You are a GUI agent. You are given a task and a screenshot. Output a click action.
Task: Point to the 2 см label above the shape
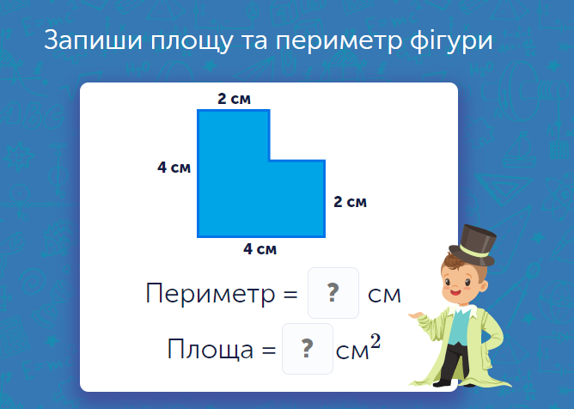[x=234, y=100]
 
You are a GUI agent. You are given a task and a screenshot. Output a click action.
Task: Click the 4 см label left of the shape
[x=174, y=168]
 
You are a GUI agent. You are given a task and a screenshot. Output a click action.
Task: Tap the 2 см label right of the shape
[x=350, y=203]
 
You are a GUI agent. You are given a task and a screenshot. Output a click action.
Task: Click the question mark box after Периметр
[x=333, y=293]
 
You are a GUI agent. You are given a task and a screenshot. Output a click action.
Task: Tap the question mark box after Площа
[x=307, y=349]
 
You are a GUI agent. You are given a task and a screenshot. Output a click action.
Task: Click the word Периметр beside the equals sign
[x=209, y=294]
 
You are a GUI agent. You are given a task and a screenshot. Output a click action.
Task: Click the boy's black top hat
[x=477, y=241]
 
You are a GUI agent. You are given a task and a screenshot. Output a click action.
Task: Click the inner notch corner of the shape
[x=270, y=160]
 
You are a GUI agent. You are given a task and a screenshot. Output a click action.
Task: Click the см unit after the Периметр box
[x=384, y=295]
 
